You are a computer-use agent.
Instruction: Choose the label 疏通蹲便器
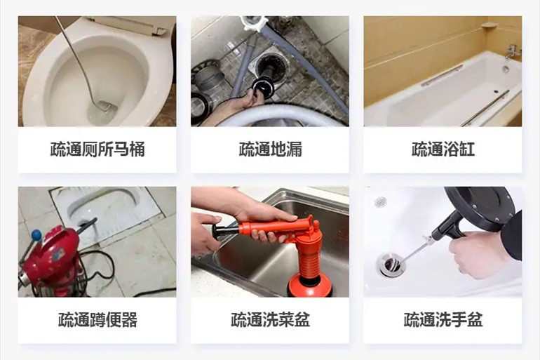point(97,321)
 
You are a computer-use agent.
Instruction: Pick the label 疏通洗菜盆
point(269,321)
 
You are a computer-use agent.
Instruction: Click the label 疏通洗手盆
point(443,321)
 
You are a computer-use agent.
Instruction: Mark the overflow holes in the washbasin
point(380,202)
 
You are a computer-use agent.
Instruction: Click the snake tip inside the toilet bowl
point(104,106)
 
